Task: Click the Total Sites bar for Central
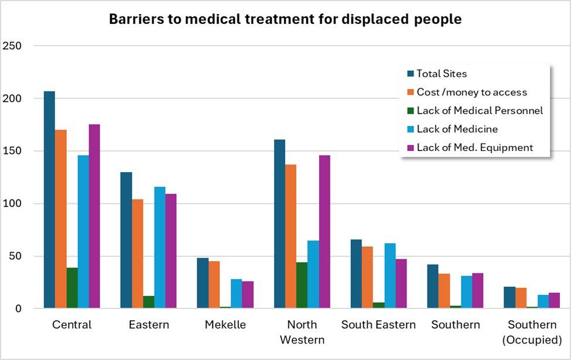click(x=49, y=200)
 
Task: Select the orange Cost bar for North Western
click(x=290, y=236)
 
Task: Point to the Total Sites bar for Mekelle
click(x=203, y=283)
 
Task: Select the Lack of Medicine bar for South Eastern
click(x=389, y=276)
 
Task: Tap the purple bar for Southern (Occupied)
click(x=555, y=300)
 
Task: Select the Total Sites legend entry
click(x=442, y=74)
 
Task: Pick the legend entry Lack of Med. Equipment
click(x=474, y=148)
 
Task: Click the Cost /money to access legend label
click(x=471, y=92)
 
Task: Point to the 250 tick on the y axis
click(x=13, y=46)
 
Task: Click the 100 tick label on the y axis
click(x=13, y=204)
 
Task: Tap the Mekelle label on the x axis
click(x=225, y=325)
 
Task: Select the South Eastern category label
click(x=378, y=325)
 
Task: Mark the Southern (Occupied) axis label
click(x=532, y=332)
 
